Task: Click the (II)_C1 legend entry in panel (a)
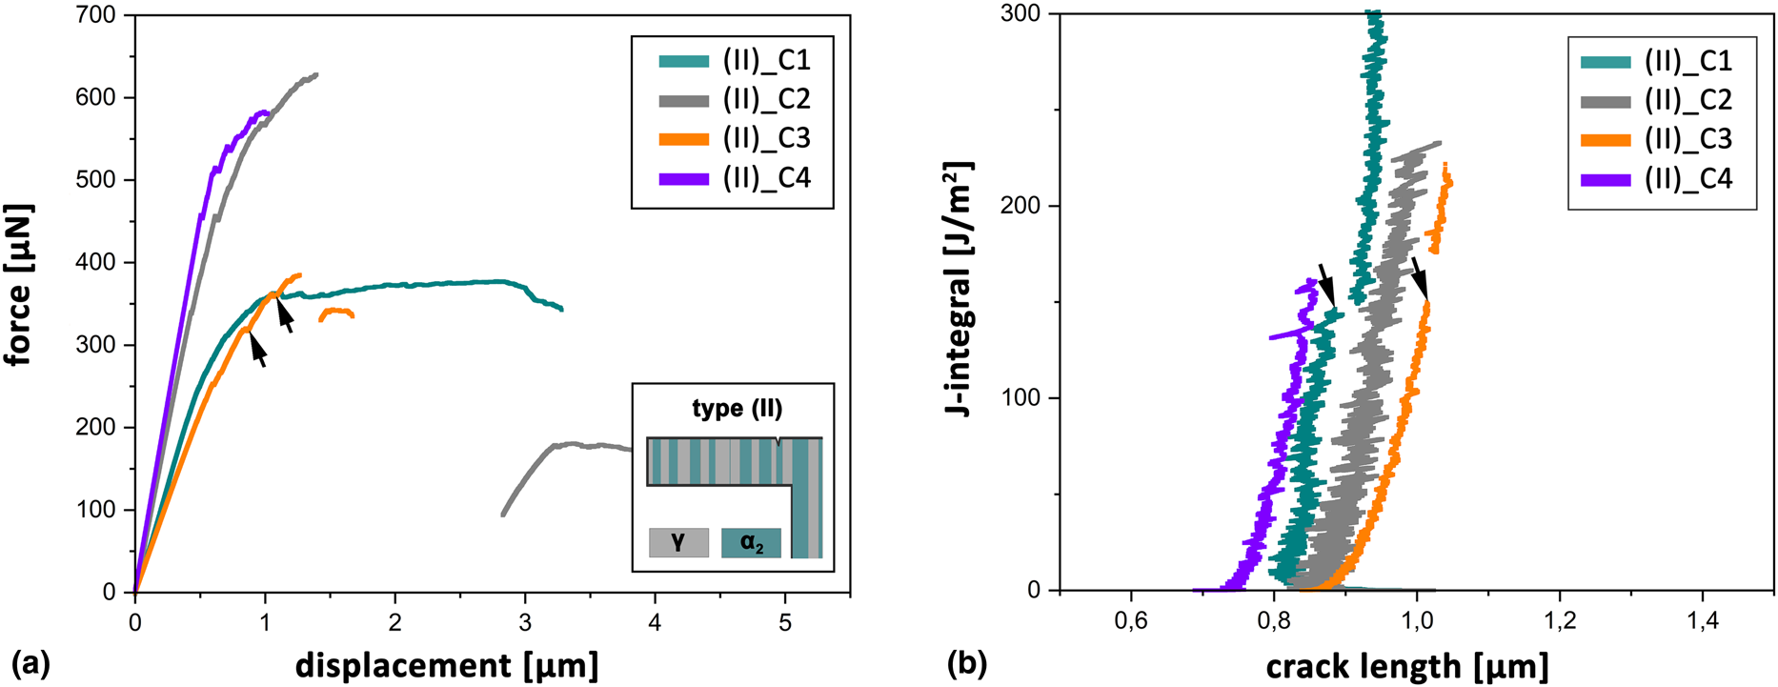point(734,61)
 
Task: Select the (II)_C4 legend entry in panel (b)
point(1655,179)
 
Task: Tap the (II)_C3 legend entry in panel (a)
point(734,139)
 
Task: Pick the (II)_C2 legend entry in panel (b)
point(1655,100)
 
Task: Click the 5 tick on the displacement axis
point(785,622)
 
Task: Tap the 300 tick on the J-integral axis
point(1020,15)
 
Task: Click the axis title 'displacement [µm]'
point(447,665)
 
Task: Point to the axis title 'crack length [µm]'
point(1406,665)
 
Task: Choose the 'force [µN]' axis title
point(18,284)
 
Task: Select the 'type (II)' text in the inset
point(737,409)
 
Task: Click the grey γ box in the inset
point(678,543)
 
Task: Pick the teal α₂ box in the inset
point(751,543)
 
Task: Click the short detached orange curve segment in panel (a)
point(336,312)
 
